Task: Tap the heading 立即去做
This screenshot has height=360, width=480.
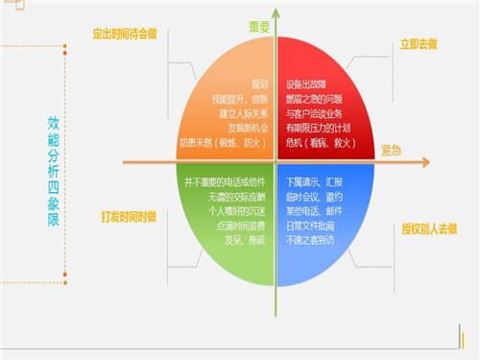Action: pos(418,45)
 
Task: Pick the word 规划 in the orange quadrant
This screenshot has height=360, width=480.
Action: pos(259,84)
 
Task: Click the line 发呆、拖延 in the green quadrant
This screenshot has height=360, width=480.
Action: pos(248,240)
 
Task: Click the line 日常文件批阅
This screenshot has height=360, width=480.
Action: pos(312,226)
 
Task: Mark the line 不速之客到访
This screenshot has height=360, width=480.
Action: pos(312,240)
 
